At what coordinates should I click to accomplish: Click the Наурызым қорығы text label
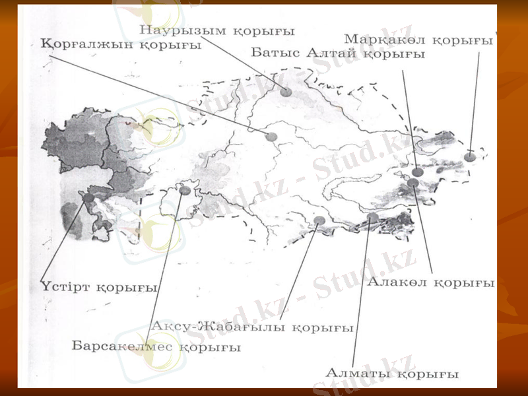[x=217, y=30]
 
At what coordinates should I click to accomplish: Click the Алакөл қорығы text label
[x=431, y=282]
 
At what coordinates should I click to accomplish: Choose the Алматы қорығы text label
[x=391, y=374]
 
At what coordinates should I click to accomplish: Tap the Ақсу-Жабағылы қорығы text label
[x=252, y=327]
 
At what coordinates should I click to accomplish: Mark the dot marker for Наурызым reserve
[x=286, y=92]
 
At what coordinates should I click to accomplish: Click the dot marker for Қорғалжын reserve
[x=271, y=137]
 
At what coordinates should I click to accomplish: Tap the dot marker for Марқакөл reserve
[x=469, y=157]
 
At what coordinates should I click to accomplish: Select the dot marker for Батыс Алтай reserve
[x=417, y=172]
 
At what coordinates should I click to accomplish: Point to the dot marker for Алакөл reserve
[x=413, y=183]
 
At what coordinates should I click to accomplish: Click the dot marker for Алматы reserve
[x=373, y=217]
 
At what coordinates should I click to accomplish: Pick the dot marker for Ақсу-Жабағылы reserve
[x=319, y=220]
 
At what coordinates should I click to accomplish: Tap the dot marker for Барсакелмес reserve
[x=185, y=191]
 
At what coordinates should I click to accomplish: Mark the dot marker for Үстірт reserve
[x=86, y=195]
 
